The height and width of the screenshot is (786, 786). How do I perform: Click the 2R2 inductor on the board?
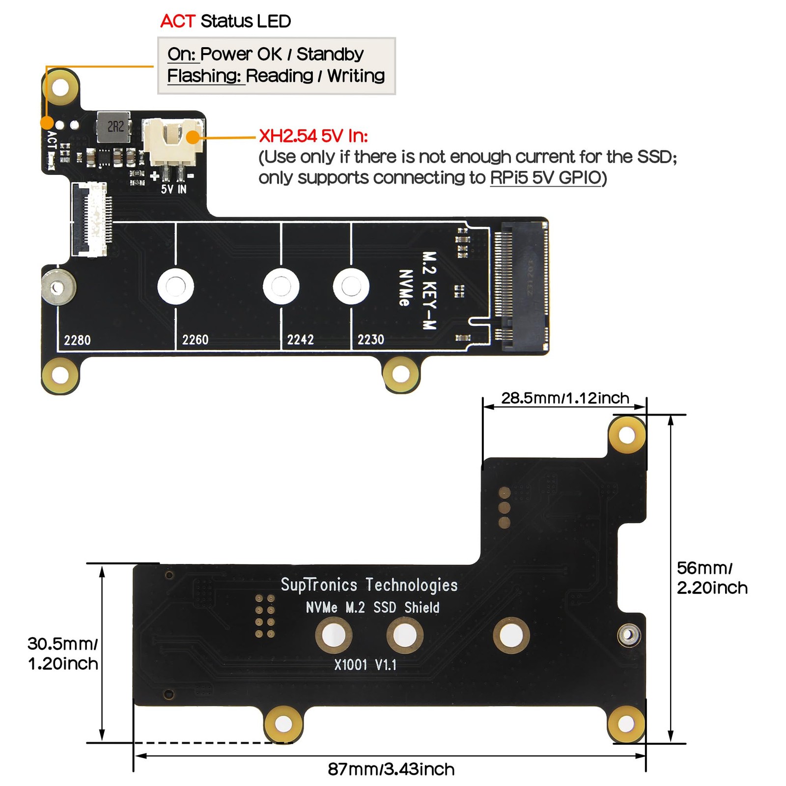click(115, 127)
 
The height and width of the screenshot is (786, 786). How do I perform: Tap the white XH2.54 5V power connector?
click(172, 142)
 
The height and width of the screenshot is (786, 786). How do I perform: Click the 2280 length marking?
click(77, 340)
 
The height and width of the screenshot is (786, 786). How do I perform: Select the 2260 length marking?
click(195, 340)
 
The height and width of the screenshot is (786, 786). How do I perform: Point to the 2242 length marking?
click(300, 340)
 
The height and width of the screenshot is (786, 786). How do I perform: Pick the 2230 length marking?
click(370, 340)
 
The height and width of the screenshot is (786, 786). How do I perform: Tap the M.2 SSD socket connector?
click(524, 286)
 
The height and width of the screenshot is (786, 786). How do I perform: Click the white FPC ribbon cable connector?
click(91, 219)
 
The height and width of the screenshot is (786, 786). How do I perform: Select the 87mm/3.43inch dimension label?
click(391, 769)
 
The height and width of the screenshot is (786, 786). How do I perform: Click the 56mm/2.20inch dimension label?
click(712, 578)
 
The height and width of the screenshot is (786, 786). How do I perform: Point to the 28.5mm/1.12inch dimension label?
click(565, 398)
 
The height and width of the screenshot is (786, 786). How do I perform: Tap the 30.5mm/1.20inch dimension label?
click(62, 653)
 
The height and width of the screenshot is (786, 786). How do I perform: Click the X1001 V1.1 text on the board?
click(365, 665)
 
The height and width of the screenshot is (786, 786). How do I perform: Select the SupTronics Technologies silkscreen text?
click(369, 585)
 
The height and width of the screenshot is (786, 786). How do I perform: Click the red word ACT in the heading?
click(178, 22)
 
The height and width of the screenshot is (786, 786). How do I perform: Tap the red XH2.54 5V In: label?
click(313, 136)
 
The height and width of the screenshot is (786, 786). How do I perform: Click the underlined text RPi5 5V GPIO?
click(546, 178)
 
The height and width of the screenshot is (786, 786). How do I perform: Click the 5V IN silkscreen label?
click(173, 189)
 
